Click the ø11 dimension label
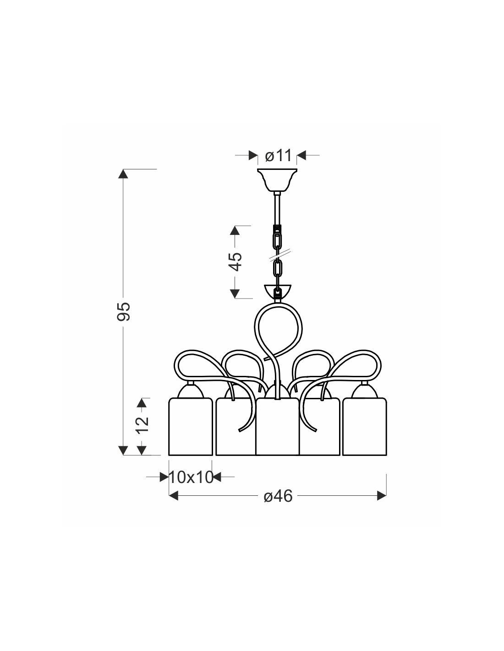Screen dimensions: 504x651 pos(278,156)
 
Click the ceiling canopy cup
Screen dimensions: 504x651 pos(277,180)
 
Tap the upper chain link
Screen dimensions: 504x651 pos(277,241)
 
